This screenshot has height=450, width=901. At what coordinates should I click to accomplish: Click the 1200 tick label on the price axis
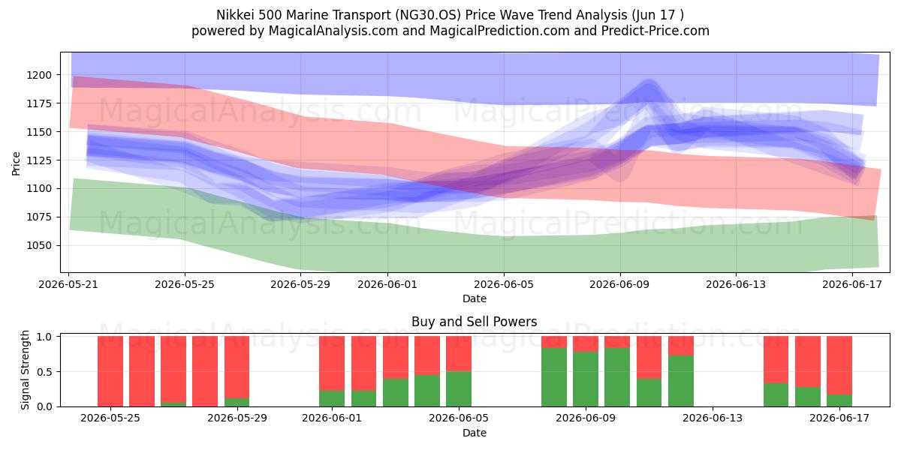click(x=39, y=75)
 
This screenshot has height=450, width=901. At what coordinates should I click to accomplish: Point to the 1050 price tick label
click(x=39, y=245)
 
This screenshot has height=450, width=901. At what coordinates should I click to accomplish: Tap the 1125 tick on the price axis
click(x=39, y=160)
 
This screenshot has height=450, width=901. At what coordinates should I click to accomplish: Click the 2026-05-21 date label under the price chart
click(x=68, y=284)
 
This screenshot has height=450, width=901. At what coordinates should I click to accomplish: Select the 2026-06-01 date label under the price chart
click(x=387, y=284)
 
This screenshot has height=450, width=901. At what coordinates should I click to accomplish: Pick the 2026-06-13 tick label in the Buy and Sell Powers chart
click(x=713, y=418)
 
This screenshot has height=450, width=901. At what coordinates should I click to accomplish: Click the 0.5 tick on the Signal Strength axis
click(x=44, y=372)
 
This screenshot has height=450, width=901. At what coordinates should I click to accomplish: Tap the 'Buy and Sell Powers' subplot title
click(x=475, y=322)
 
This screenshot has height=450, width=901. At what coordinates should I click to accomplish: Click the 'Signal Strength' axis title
click(x=25, y=370)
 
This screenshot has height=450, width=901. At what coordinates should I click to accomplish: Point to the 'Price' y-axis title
click(x=16, y=163)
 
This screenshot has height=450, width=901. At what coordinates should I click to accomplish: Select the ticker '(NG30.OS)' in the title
click(x=427, y=15)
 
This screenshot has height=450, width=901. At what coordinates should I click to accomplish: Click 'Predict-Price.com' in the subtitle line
click(x=655, y=31)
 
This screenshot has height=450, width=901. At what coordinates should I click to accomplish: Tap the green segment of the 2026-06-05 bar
click(x=459, y=389)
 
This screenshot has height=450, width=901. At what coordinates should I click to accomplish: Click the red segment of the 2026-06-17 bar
click(x=839, y=365)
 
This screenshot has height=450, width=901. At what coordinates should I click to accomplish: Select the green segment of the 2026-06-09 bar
click(x=585, y=379)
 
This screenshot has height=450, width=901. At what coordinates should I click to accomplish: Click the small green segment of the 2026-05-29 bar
click(x=237, y=402)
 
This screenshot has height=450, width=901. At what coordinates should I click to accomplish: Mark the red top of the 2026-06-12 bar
click(x=680, y=346)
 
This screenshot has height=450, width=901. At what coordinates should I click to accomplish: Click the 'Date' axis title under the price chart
click(x=475, y=298)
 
